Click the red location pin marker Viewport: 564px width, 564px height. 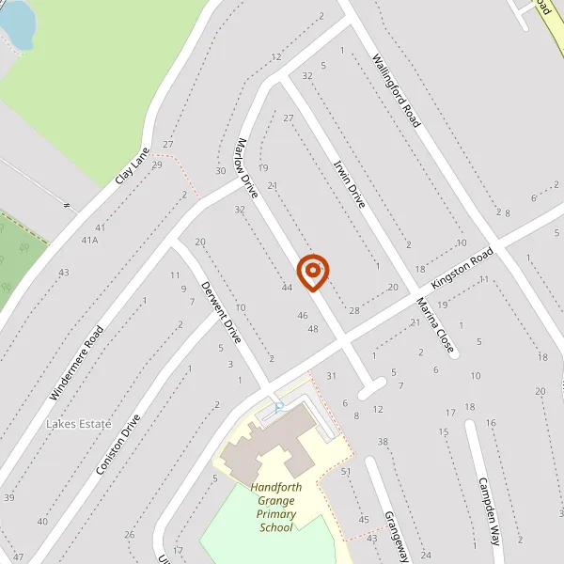point(313,272)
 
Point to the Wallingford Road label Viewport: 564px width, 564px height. point(396,90)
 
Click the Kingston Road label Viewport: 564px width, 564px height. point(462,269)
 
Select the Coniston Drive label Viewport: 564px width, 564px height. point(117,444)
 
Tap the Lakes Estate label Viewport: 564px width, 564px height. point(78,425)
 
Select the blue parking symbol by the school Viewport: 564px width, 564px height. point(279,406)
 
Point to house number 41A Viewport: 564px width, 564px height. point(89,240)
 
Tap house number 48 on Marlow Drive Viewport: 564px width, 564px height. point(313,329)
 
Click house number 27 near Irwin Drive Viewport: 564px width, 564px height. point(289,117)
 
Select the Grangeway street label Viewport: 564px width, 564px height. point(395,537)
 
